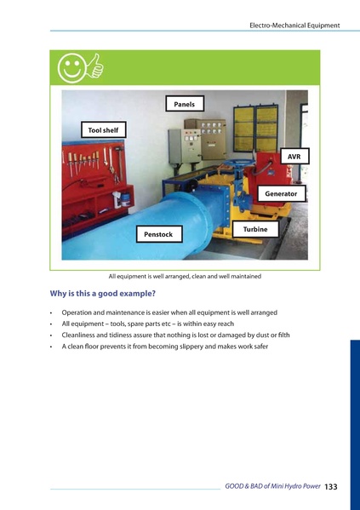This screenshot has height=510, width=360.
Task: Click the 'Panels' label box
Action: tap(185, 104)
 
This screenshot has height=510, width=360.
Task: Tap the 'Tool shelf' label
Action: tap(103, 130)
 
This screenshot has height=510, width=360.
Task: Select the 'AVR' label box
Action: tap(294, 158)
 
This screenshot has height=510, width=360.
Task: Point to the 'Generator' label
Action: tap(280, 193)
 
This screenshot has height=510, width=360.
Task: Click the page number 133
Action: tap(331, 486)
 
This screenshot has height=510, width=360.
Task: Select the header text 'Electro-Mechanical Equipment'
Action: tap(294, 26)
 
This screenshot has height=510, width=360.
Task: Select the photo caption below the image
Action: tap(185, 277)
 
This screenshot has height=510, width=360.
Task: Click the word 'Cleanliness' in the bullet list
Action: tap(82, 335)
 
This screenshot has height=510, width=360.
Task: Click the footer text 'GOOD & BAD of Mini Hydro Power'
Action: tap(272, 486)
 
